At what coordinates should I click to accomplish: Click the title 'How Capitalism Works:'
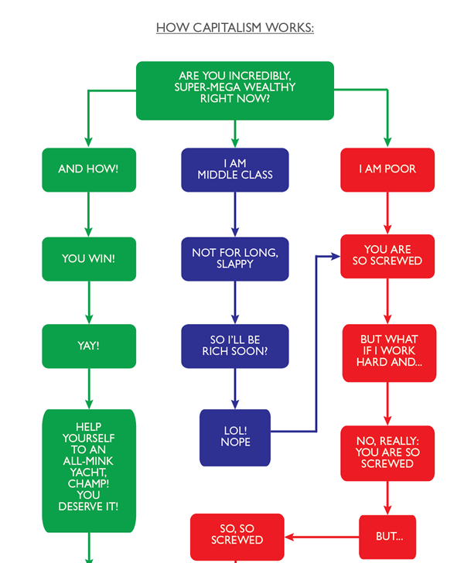point(235,28)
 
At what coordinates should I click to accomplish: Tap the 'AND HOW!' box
point(88,169)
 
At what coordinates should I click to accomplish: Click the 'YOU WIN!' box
point(88,258)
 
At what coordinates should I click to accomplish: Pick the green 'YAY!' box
point(88,346)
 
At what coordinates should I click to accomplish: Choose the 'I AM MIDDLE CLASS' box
point(235,169)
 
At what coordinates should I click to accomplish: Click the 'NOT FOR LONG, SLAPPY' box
point(235,258)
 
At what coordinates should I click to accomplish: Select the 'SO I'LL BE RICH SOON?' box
point(235,346)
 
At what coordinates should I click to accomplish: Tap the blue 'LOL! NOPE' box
point(235,437)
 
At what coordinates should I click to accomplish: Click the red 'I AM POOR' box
point(387,169)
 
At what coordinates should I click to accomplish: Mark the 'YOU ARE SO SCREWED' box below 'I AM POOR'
point(387,255)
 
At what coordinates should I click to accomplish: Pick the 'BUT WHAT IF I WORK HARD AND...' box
point(389,352)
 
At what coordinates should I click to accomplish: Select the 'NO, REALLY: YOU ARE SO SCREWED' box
point(387,452)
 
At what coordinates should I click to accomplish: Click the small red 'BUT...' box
point(387,537)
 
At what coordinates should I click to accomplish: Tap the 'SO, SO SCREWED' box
point(237,534)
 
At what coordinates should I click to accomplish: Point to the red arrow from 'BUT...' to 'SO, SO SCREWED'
point(322,537)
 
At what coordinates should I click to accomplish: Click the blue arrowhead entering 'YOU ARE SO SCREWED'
point(336,255)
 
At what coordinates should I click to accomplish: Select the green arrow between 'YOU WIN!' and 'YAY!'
point(88,302)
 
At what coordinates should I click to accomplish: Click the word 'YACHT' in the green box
point(88,471)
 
